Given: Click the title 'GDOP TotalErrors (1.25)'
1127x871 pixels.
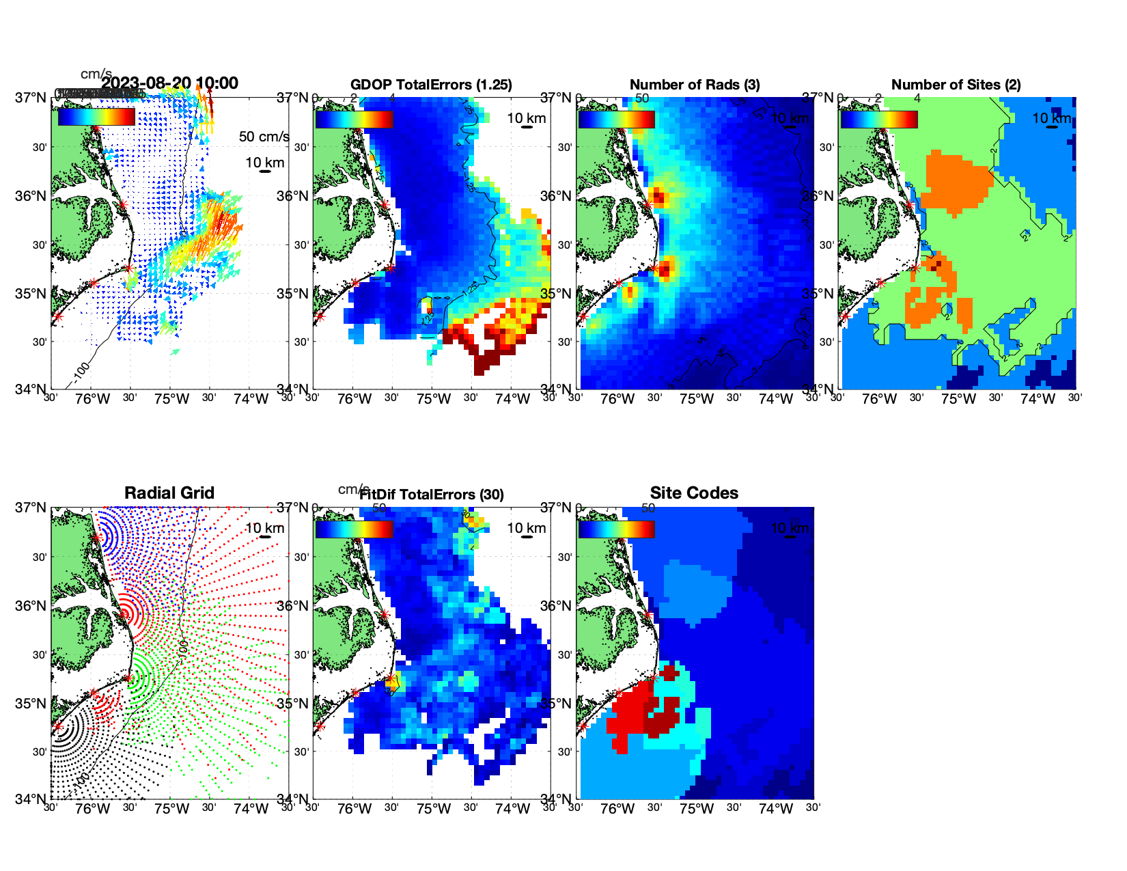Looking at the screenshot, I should tap(431, 85).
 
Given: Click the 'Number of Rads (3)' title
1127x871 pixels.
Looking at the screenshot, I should tap(695, 85).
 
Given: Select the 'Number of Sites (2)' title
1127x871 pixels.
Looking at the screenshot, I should tap(956, 85).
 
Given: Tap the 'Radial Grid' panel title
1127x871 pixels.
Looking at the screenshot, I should tap(169, 493).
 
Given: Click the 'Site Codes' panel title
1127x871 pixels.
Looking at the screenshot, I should tap(694, 493).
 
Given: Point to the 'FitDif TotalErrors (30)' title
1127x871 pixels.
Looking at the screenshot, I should tap(432, 495).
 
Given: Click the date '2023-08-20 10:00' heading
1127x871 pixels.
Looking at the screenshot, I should tap(170, 83).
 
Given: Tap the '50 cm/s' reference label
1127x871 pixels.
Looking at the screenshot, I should tap(264, 137).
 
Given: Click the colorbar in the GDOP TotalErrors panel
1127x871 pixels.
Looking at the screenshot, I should tap(354, 119).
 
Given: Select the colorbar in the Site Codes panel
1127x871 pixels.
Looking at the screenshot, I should tap(616, 529).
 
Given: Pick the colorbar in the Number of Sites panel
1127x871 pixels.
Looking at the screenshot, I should tap(878, 119).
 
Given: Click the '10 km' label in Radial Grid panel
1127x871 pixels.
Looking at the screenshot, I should tap(264, 528).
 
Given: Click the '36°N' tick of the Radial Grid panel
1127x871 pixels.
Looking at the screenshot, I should tap(31, 606).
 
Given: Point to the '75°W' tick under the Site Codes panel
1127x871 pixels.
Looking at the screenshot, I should tap(696, 809).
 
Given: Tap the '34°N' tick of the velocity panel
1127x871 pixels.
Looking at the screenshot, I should tap(31, 389).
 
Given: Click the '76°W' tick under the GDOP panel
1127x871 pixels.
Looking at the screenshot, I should tap(354, 399).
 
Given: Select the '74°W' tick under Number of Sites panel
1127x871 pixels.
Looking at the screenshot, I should tap(1038, 399).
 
